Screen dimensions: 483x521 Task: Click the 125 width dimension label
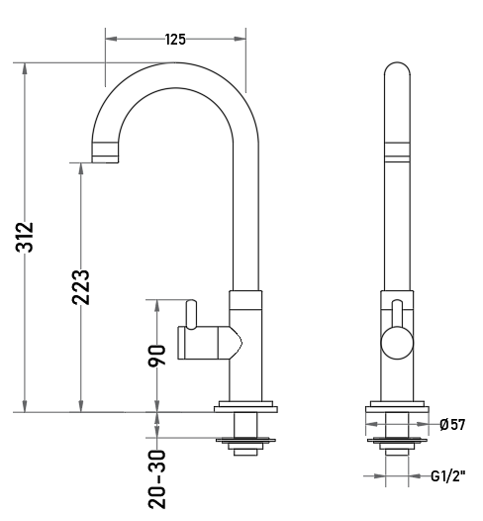click(x=175, y=40)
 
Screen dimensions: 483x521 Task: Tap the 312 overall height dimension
click(x=25, y=238)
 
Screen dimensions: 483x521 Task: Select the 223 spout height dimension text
click(x=81, y=287)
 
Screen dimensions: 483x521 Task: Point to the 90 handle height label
click(x=156, y=356)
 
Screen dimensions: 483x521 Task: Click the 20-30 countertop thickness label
click(x=156, y=478)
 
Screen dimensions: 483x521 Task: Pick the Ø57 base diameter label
click(x=452, y=424)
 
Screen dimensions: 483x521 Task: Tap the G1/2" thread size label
click(x=448, y=476)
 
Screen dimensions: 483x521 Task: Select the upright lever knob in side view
click(x=192, y=314)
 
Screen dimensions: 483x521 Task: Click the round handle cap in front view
click(x=397, y=343)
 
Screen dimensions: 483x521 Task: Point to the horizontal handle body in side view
click(x=210, y=343)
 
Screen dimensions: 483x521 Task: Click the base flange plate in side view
click(x=245, y=407)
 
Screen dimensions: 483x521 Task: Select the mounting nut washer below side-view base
click(x=245, y=441)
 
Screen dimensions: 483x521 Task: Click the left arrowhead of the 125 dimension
click(x=112, y=39)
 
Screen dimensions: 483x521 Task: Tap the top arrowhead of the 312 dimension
click(x=25, y=69)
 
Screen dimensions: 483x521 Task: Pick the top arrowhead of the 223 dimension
click(x=81, y=169)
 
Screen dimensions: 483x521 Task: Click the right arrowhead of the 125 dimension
click(x=240, y=39)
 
